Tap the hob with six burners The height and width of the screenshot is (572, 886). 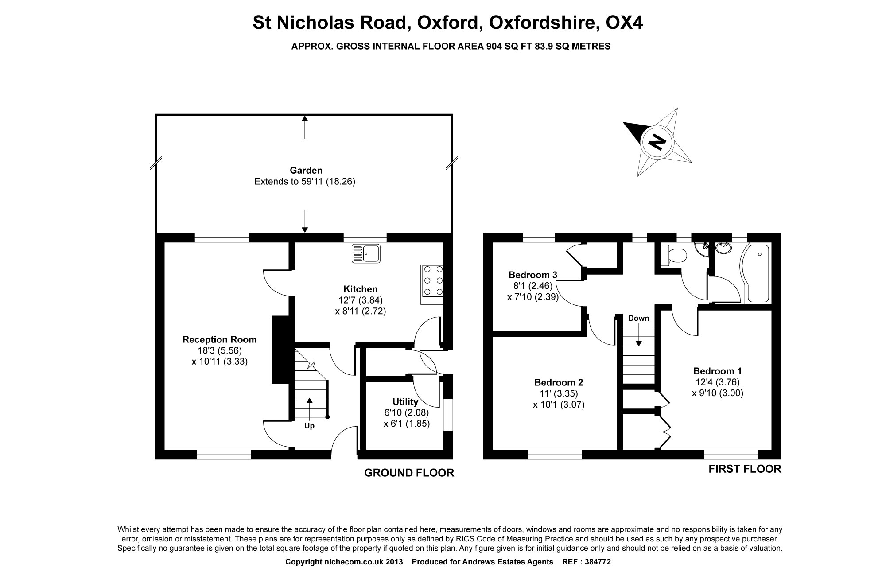pos(433,280)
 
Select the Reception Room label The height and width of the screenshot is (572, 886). pos(220,340)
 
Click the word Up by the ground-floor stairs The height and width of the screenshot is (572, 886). pos(309,426)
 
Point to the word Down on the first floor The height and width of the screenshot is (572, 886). pos(638,318)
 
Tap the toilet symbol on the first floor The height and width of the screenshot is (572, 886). pos(674,256)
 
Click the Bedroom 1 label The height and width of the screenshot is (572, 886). pos(717,371)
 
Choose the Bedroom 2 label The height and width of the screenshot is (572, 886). pos(559,382)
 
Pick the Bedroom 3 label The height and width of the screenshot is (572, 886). pos(532,275)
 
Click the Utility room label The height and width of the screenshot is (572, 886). pos(405,402)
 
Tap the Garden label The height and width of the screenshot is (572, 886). pos(306,170)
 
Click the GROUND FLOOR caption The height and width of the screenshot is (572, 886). pos(409,473)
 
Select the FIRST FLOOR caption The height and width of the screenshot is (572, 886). pos(745,469)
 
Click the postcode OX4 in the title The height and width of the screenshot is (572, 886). pos(624,23)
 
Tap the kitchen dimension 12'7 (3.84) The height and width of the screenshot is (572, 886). pos(361,300)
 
